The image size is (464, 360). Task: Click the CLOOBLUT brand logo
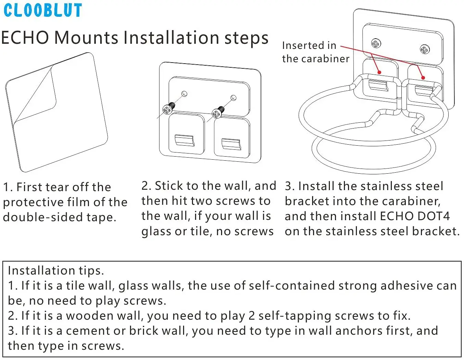[43, 10]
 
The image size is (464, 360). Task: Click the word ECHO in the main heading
[25, 37]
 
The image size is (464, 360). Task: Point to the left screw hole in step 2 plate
[184, 93]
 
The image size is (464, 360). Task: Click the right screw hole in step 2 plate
[233, 98]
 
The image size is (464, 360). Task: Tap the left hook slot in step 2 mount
[185, 140]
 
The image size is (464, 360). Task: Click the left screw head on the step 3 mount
[376, 43]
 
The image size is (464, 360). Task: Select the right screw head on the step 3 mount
[425, 50]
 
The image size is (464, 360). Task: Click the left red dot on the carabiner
[379, 72]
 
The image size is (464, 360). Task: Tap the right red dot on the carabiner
[423, 78]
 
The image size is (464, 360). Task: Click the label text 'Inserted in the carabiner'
[315, 52]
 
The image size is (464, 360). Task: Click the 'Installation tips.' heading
[56, 270]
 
